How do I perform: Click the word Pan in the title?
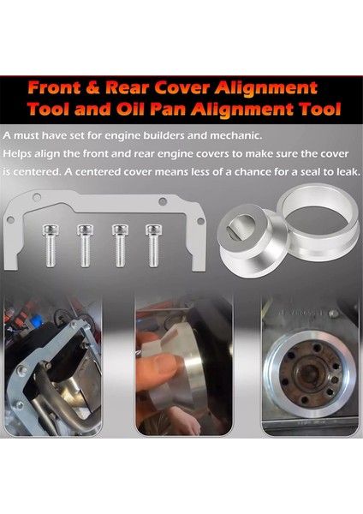(211, 110)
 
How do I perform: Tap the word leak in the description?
(340, 171)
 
